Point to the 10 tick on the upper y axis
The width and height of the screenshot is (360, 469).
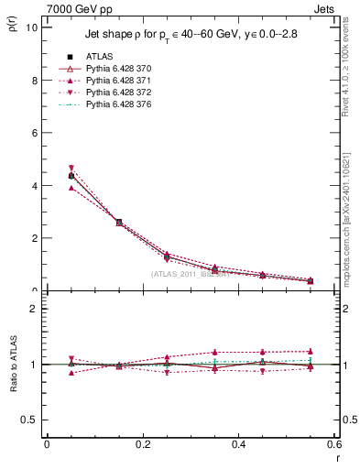(x=32, y=27)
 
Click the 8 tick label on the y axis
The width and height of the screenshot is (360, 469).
(x=35, y=80)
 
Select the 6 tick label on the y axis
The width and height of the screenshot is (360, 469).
(x=35, y=133)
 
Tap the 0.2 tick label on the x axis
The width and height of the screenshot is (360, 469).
(x=143, y=444)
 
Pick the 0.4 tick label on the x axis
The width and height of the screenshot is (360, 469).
(x=239, y=444)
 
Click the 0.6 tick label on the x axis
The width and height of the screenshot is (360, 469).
(x=333, y=444)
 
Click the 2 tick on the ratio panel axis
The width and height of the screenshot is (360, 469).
(x=35, y=309)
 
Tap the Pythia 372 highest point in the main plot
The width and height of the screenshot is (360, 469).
(x=71, y=169)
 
